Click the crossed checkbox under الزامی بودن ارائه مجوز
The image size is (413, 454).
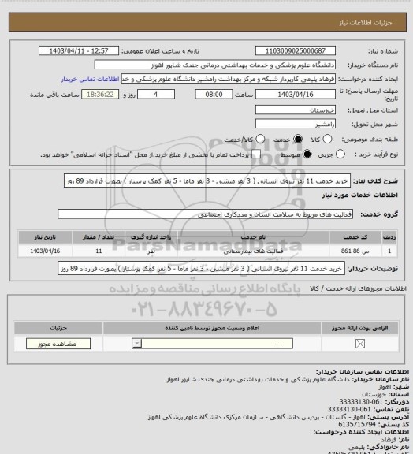point(361,344)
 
